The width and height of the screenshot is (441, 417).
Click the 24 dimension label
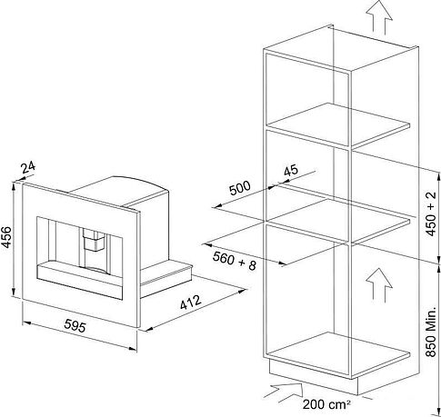click(x=28, y=167)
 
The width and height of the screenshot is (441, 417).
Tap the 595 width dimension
click(x=75, y=326)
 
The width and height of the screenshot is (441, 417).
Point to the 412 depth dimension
click(x=191, y=302)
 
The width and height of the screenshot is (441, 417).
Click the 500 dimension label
click(x=240, y=188)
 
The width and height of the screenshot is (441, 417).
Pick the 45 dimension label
click(x=291, y=171)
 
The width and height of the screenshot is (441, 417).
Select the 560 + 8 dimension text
click(x=235, y=262)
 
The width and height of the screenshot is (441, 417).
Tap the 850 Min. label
click(x=431, y=332)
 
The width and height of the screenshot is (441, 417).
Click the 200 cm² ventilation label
click(x=326, y=404)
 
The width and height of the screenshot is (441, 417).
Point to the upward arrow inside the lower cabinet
click(x=379, y=285)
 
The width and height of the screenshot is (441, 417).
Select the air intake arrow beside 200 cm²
click(x=284, y=392)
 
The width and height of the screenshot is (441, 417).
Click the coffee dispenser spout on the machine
click(x=94, y=239)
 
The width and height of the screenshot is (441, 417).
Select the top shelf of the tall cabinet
click(x=339, y=124)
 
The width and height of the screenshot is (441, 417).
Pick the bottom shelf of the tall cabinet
click(x=339, y=353)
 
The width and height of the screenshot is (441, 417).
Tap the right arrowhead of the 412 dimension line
click(x=242, y=291)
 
